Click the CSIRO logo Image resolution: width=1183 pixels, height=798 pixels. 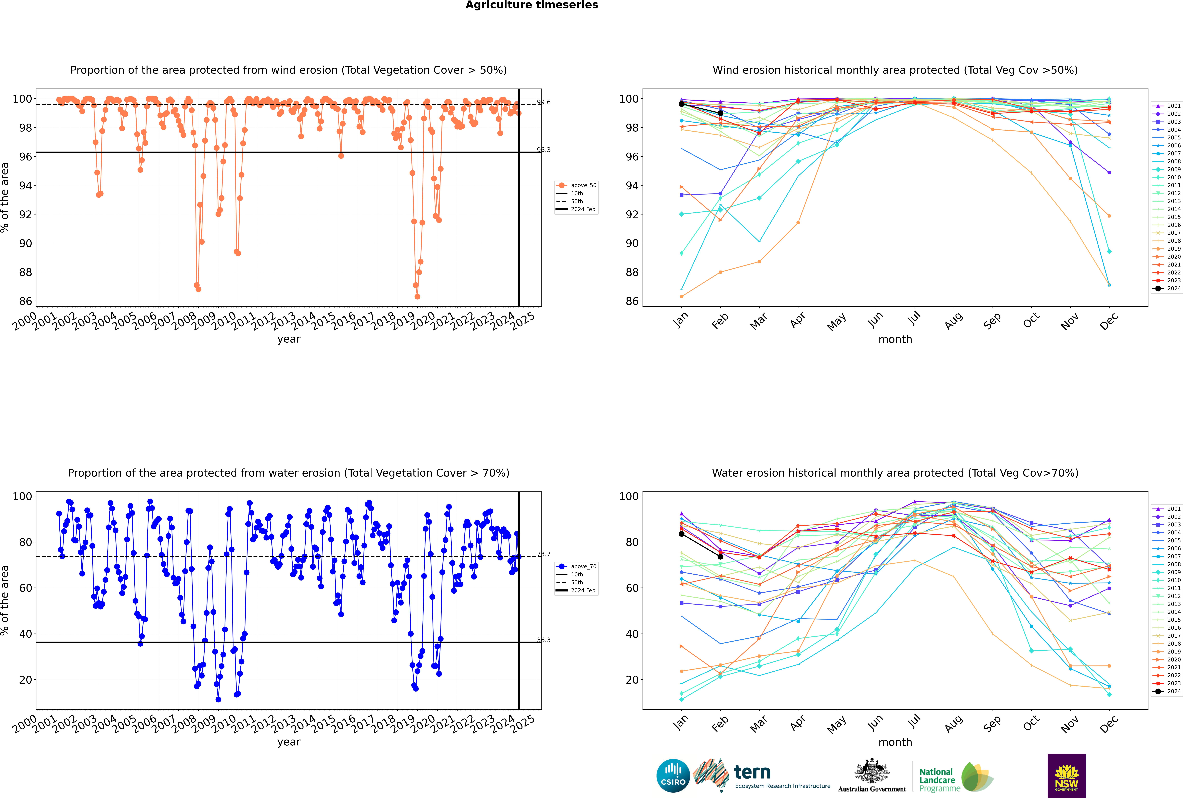click(x=673, y=776)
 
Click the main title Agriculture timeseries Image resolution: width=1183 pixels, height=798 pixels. click(x=531, y=5)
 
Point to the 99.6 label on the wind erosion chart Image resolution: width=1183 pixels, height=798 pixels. click(x=544, y=102)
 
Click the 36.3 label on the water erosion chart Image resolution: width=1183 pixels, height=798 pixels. click(x=544, y=640)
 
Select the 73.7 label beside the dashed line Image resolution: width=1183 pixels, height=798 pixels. click(x=544, y=554)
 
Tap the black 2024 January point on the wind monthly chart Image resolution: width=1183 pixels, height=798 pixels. click(x=682, y=104)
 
